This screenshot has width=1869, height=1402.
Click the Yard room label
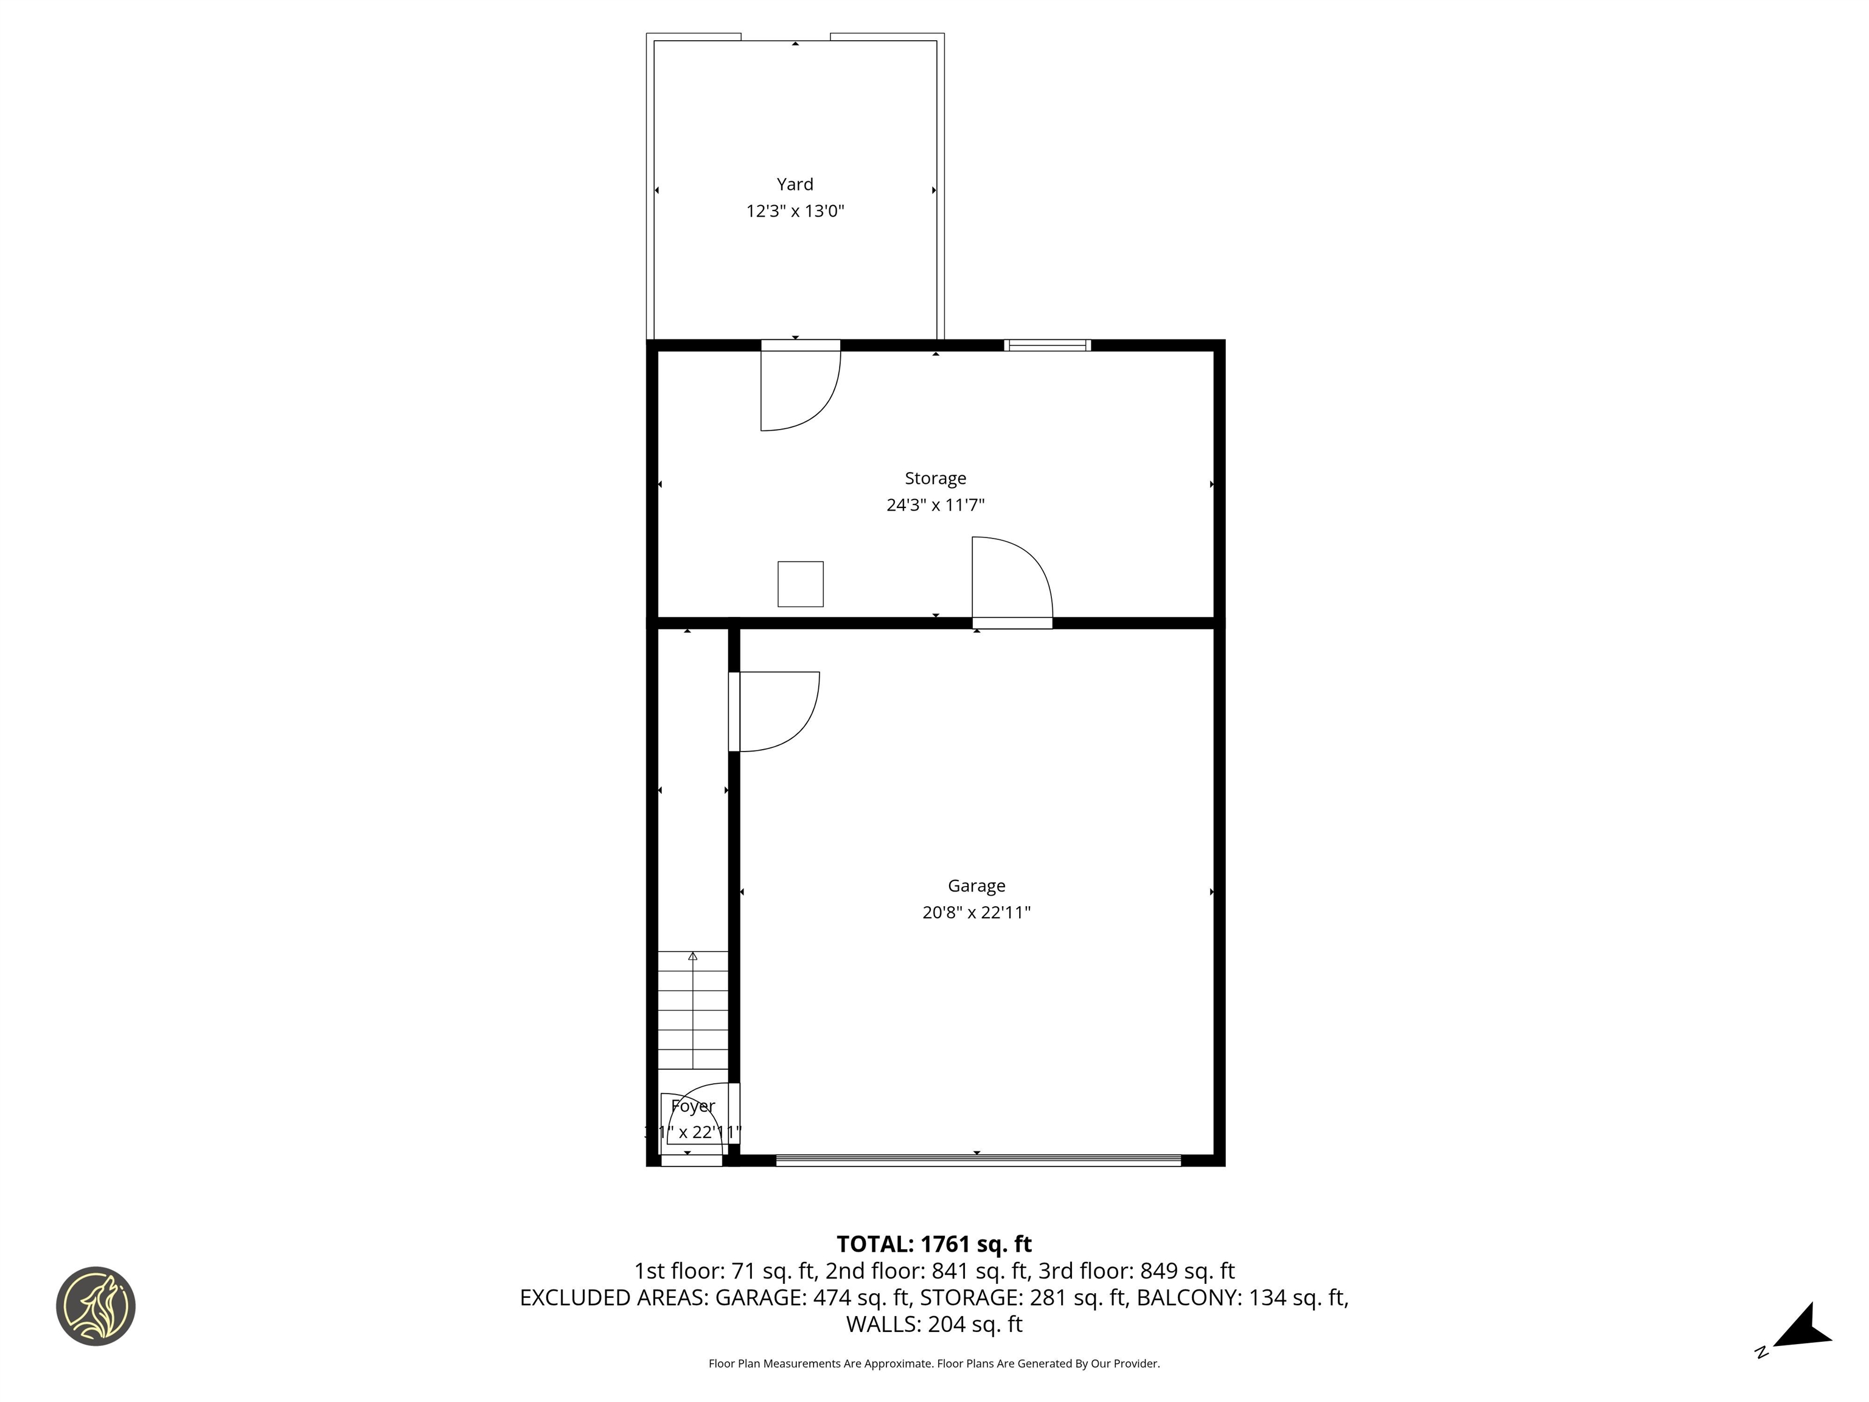click(794, 184)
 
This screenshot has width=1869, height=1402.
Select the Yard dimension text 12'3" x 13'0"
click(794, 211)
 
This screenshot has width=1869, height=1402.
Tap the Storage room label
click(934, 478)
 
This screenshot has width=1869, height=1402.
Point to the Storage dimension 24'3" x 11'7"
click(934, 505)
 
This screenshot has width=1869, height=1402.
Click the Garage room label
click(976, 885)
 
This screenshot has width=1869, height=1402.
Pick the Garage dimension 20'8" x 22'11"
click(976, 913)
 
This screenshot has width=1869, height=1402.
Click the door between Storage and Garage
click(1011, 583)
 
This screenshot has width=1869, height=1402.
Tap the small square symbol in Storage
click(800, 584)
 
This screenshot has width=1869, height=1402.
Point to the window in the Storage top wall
click(1047, 345)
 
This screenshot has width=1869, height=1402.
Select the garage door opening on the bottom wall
click(978, 1160)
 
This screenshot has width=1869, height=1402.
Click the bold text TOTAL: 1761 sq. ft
click(934, 1244)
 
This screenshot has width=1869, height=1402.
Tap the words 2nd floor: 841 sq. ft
click(926, 1271)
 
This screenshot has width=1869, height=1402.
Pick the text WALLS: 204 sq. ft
click(934, 1324)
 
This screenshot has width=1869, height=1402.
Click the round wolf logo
click(96, 1306)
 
